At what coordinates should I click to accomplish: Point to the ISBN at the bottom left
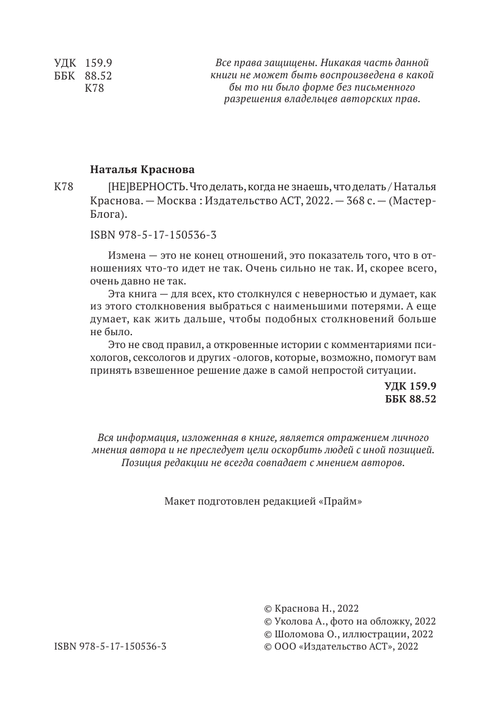tap(110, 645)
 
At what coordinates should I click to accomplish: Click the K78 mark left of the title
tap(64, 187)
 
